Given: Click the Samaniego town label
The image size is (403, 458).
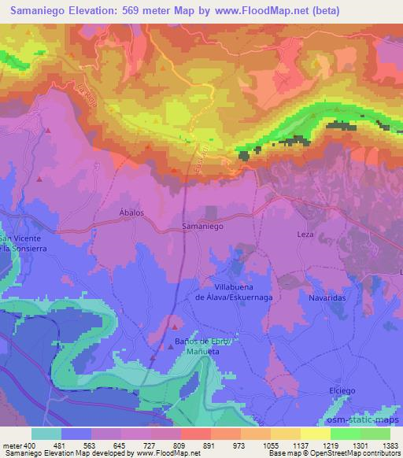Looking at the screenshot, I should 203,225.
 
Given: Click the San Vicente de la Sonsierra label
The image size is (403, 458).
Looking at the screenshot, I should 17,243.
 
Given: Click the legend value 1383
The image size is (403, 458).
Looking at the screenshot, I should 390,445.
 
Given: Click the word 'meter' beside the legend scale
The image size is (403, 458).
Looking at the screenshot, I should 11,445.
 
